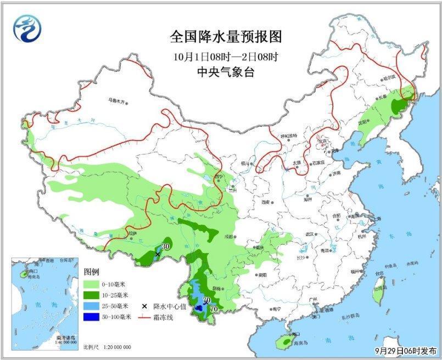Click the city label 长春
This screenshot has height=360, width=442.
(382, 97)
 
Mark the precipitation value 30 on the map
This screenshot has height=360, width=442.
(165, 247)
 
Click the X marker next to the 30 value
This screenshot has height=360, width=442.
(158, 254)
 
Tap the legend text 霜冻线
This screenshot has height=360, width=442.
(166, 317)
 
